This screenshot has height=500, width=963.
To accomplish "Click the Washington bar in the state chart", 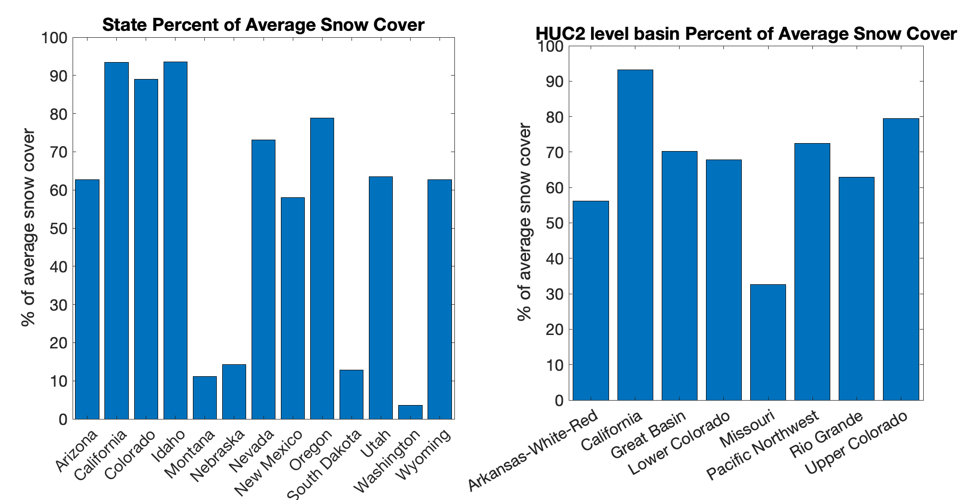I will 410,412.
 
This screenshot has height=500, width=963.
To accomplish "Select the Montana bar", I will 205,398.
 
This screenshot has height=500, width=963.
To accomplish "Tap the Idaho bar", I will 175,241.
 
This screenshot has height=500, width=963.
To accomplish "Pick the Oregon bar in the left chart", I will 322,268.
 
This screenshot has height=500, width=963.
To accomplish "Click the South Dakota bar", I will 351,395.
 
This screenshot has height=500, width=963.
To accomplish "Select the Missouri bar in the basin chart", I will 768,342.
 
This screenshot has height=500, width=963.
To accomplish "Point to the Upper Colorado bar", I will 901,259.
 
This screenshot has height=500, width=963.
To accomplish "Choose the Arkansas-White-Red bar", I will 591,301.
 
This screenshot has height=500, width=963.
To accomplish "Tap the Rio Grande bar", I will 857,289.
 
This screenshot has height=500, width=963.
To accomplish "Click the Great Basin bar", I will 679,276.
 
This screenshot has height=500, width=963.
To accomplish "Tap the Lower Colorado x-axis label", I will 679,443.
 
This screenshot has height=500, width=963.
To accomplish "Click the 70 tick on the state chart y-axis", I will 58,152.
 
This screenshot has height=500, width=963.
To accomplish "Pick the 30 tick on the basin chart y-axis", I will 554,294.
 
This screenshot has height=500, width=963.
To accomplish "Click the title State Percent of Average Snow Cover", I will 263,25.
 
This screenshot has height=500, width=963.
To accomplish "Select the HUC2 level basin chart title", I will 746,34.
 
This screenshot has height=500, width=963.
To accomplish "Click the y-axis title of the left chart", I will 29,228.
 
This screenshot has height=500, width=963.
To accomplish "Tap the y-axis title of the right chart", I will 525,222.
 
